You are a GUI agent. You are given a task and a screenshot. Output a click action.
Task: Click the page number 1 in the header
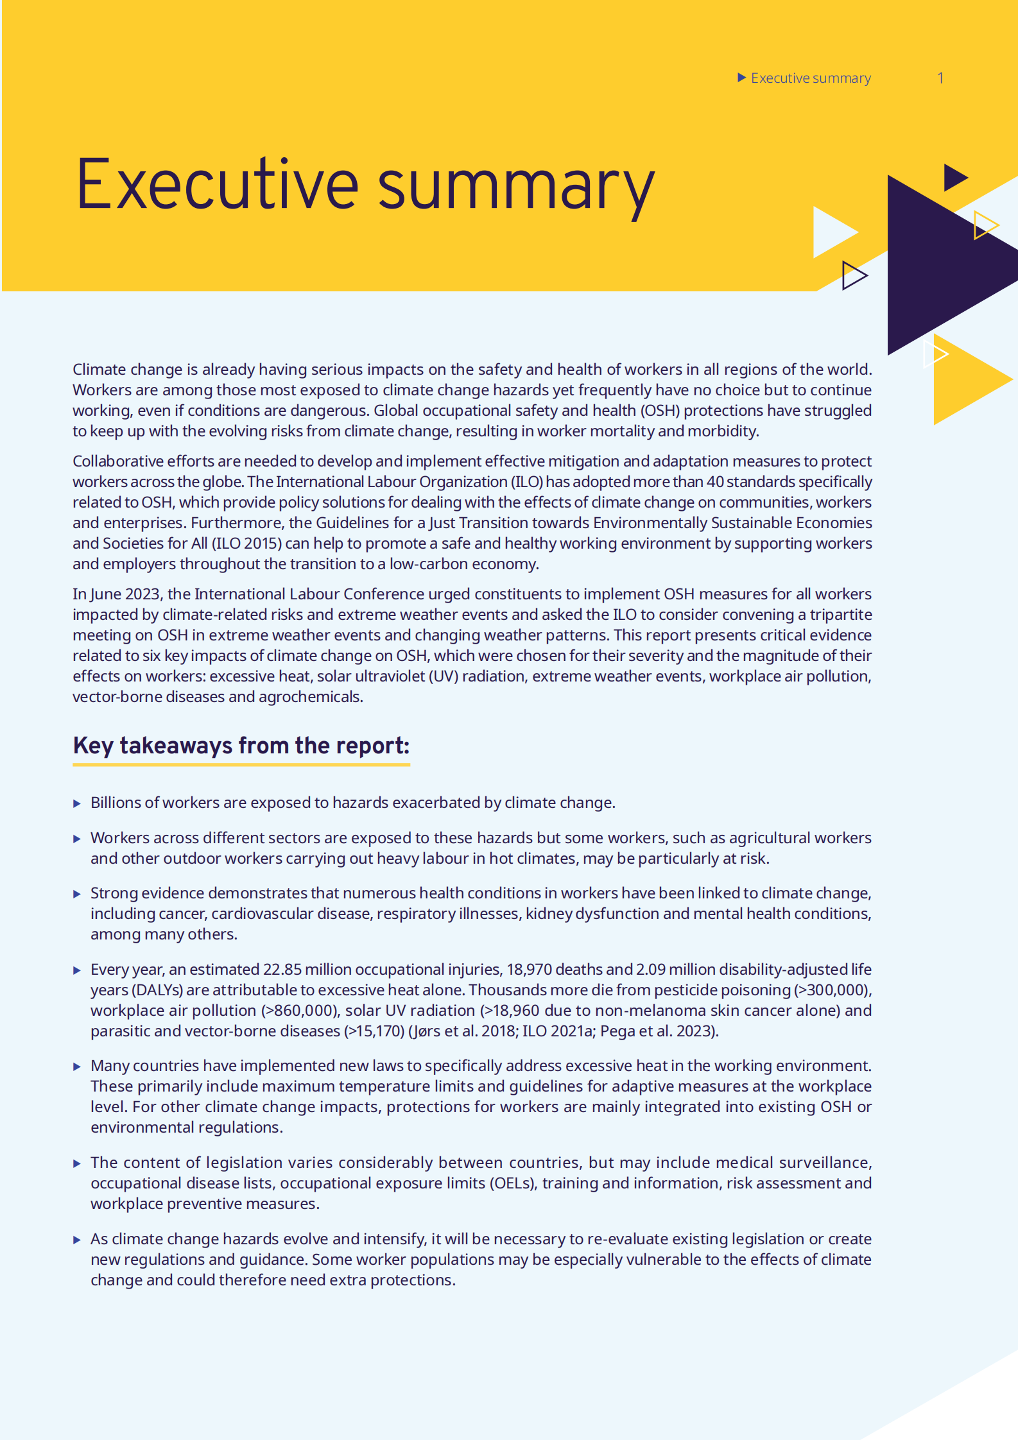pos(940,78)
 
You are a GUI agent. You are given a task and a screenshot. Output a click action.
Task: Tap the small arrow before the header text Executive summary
pos(741,78)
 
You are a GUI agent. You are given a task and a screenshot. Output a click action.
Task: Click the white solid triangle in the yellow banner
pos(831,232)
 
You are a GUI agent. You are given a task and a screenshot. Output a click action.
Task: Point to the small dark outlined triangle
pos(853,275)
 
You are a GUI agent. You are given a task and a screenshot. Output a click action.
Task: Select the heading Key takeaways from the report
pos(241,746)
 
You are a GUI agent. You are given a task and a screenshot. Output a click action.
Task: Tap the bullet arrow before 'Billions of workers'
pos(77,803)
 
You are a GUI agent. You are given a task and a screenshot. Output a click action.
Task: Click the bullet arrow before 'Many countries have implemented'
pos(77,1067)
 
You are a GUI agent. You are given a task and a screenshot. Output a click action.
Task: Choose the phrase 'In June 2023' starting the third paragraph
pos(116,594)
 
